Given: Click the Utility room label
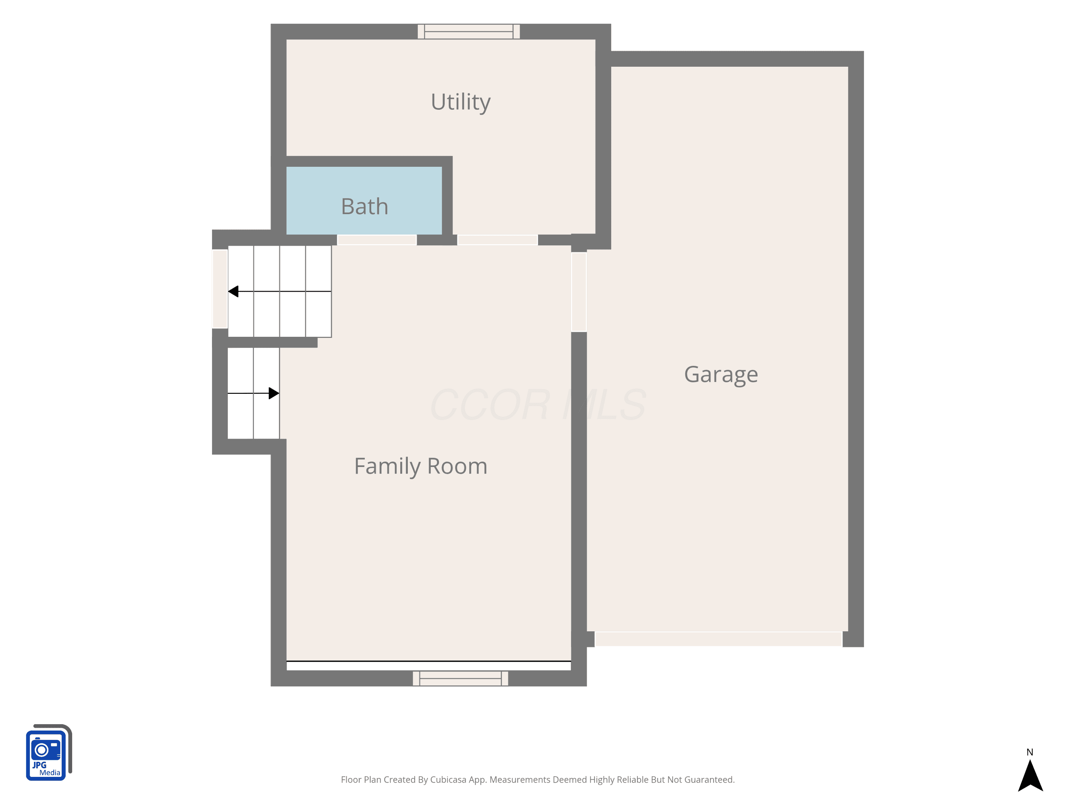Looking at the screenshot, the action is click(461, 102).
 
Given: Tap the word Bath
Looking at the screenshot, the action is click(365, 206).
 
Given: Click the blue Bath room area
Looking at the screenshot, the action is click(364, 200).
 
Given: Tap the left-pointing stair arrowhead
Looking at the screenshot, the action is click(233, 291).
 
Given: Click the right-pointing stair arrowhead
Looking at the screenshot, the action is click(274, 393).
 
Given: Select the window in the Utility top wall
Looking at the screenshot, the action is click(468, 32).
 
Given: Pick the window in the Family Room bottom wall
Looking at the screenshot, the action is click(461, 679).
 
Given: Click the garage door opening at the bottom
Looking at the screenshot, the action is click(718, 639).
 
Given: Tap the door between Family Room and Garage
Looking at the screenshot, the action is click(579, 292).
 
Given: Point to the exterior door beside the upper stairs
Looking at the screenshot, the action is click(220, 289).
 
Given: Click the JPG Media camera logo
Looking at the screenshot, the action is click(49, 752).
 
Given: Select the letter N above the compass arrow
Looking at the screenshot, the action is click(1030, 752).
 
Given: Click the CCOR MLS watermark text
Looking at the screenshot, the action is click(538, 405).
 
